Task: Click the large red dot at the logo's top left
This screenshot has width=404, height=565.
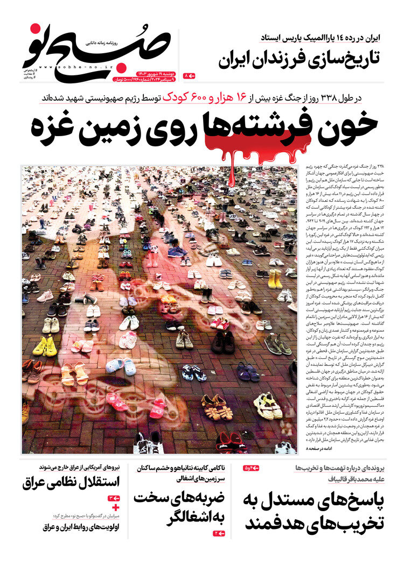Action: coord(36,31)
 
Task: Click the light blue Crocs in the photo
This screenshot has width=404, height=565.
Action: coord(121,366)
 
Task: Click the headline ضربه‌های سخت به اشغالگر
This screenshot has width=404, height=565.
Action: coord(180,508)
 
